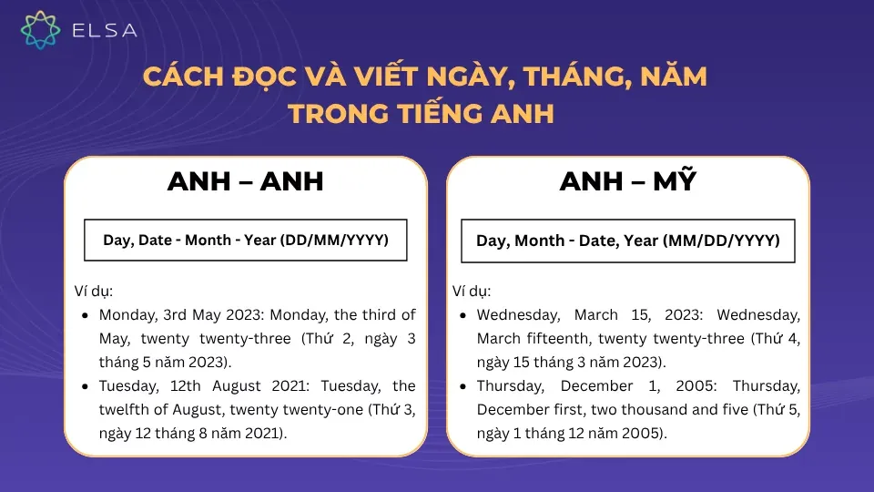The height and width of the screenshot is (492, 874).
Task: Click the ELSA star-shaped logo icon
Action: [40, 30]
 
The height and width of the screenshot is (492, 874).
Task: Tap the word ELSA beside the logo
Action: [104, 31]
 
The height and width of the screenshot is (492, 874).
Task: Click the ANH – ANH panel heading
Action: [245, 181]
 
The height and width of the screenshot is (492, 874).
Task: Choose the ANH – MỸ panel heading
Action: [627, 181]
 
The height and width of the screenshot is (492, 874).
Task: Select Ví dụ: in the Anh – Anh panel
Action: [94, 292]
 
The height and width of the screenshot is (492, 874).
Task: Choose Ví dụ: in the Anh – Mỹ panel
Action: [472, 292]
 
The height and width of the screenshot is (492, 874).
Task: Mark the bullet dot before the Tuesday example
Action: [85, 386]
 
